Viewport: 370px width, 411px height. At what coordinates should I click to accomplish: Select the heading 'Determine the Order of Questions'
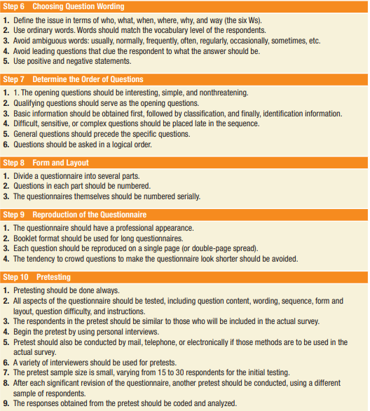[88, 79]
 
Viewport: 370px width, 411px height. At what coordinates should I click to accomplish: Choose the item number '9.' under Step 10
[6, 403]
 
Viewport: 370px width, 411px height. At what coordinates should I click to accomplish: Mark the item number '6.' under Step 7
[6, 144]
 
